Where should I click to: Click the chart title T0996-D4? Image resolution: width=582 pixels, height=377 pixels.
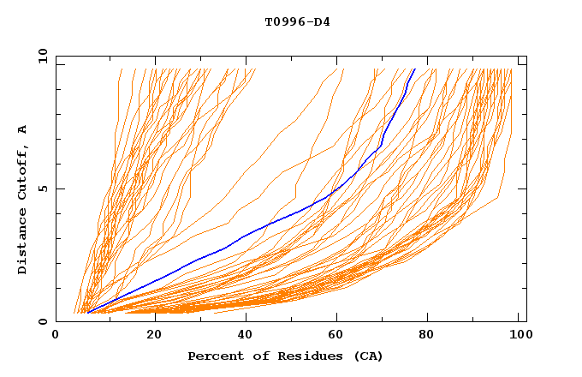coord(297,21)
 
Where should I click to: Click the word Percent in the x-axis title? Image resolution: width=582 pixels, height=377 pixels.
coord(212,356)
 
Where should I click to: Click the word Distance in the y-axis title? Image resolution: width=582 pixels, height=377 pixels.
coord(23,242)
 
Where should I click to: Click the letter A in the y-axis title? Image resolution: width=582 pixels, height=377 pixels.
coord(23,129)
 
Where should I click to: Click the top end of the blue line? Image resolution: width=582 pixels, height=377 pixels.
coord(415,69)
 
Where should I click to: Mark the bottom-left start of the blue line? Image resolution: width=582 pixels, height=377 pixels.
coord(87,313)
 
